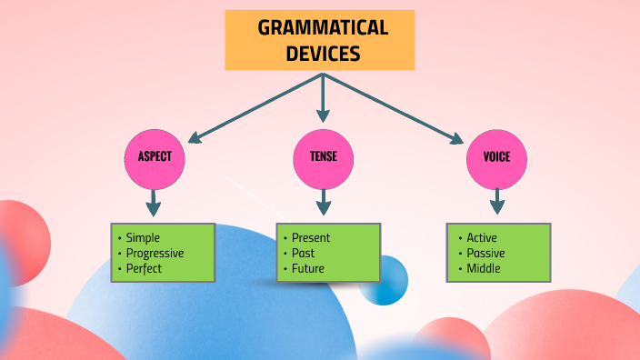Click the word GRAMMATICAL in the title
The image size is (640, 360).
coord(323,27)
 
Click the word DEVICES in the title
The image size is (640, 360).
coord(323,54)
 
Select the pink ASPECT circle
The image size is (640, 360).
coord(154,156)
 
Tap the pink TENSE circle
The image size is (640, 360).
coord(323,156)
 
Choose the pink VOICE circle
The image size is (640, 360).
coord(495,156)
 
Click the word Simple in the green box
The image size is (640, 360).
coord(143,237)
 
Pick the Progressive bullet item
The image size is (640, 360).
coord(155,253)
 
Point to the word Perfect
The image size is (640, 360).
coord(145,268)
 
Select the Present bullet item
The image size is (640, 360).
coord(311,237)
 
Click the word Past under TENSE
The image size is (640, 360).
coord(304,253)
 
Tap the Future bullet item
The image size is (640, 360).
coord(308,268)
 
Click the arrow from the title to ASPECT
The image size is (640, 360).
coord(255,108)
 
